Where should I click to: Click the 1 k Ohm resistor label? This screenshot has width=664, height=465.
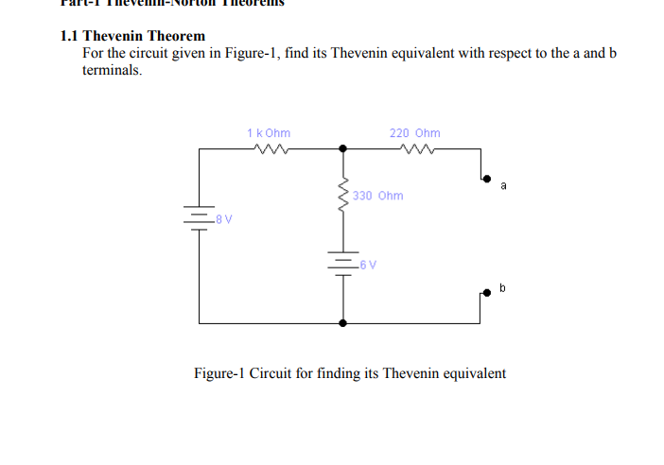[x=269, y=133]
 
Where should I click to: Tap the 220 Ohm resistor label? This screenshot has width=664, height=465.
[x=414, y=133]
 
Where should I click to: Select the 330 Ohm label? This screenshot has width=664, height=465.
[x=378, y=196]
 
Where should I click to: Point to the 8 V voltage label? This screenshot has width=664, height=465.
[x=224, y=219]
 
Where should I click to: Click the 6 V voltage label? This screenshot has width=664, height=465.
[x=367, y=264]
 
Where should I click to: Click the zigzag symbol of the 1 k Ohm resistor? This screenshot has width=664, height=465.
[x=270, y=148]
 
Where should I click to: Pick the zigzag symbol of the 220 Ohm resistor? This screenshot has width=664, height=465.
[x=415, y=148]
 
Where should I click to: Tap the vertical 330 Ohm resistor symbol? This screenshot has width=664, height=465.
[x=343, y=196]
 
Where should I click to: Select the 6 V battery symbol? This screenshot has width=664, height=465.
[x=343, y=263]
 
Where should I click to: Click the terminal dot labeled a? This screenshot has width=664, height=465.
[x=487, y=178]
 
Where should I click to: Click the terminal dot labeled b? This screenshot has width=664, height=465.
[x=487, y=293]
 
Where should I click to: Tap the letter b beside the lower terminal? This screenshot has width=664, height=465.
[x=503, y=285]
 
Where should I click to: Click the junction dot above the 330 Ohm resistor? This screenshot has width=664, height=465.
[x=343, y=148]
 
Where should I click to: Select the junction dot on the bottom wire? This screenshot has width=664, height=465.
[x=343, y=322]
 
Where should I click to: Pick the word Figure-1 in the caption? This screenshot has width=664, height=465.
[x=218, y=373]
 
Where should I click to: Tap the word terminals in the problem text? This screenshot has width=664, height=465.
[x=112, y=69]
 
